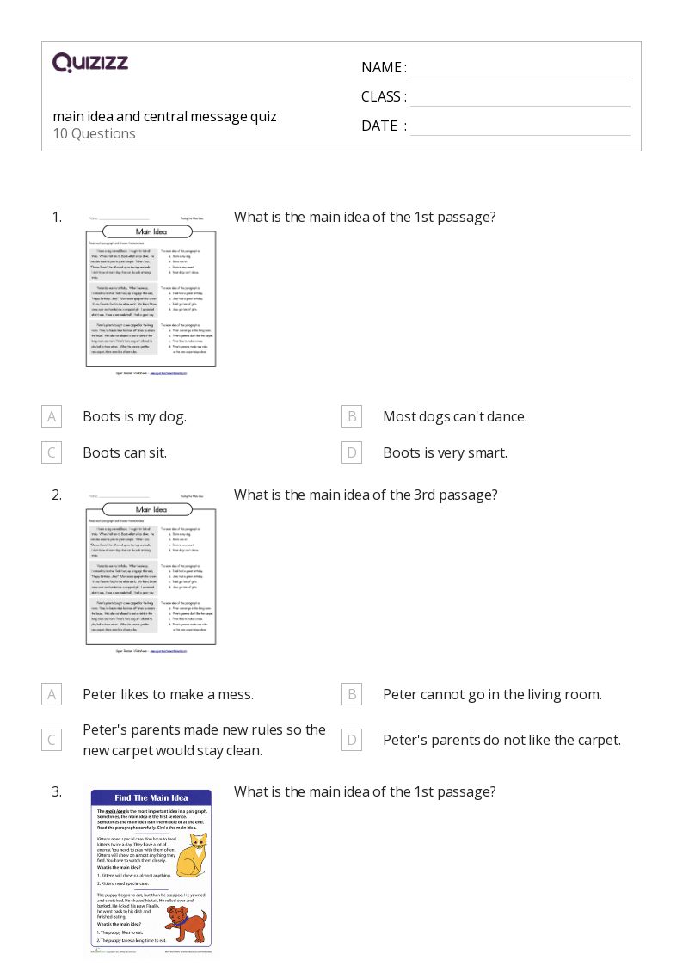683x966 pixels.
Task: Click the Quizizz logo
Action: (x=89, y=62)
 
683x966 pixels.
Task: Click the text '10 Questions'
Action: (x=94, y=133)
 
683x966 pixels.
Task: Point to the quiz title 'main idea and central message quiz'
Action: (x=164, y=116)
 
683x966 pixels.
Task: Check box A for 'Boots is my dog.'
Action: (x=52, y=416)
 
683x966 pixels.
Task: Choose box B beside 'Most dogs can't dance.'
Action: (x=351, y=416)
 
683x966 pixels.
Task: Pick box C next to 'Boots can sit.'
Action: (x=52, y=452)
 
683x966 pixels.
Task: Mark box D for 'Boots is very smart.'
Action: (x=351, y=452)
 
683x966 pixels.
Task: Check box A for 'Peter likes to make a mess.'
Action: (x=52, y=694)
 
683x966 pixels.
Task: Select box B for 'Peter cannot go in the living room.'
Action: (x=351, y=694)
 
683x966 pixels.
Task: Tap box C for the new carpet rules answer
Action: (x=52, y=740)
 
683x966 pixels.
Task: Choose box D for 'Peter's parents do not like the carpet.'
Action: (x=351, y=740)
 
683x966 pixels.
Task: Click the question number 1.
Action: (x=57, y=217)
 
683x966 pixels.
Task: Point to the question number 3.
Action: (x=57, y=791)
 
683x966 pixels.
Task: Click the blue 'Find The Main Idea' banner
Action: (x=151, y=797)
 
